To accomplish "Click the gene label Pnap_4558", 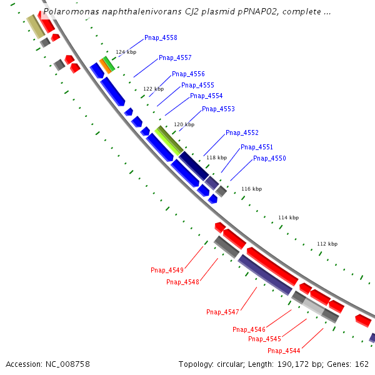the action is tap(161, 38).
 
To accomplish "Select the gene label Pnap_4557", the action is tap(175, 58).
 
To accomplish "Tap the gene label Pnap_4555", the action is tap(197, 86).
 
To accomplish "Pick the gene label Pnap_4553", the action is tap(218, 109).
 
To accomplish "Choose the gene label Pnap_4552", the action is tap(242, 133).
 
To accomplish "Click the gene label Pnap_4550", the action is tap(269, 159).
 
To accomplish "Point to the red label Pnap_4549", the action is tap(167, 271).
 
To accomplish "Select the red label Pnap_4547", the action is tap(222, 312).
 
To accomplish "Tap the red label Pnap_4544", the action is tap(284, 351).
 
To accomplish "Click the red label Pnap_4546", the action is tap(249, 329).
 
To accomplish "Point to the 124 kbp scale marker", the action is tap(126, 52).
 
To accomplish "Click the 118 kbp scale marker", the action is tap(216, 158).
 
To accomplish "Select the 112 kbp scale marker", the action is tap(327, 244).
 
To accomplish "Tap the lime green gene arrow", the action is tap(169, 140).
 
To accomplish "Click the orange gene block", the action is tap(105, 66).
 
